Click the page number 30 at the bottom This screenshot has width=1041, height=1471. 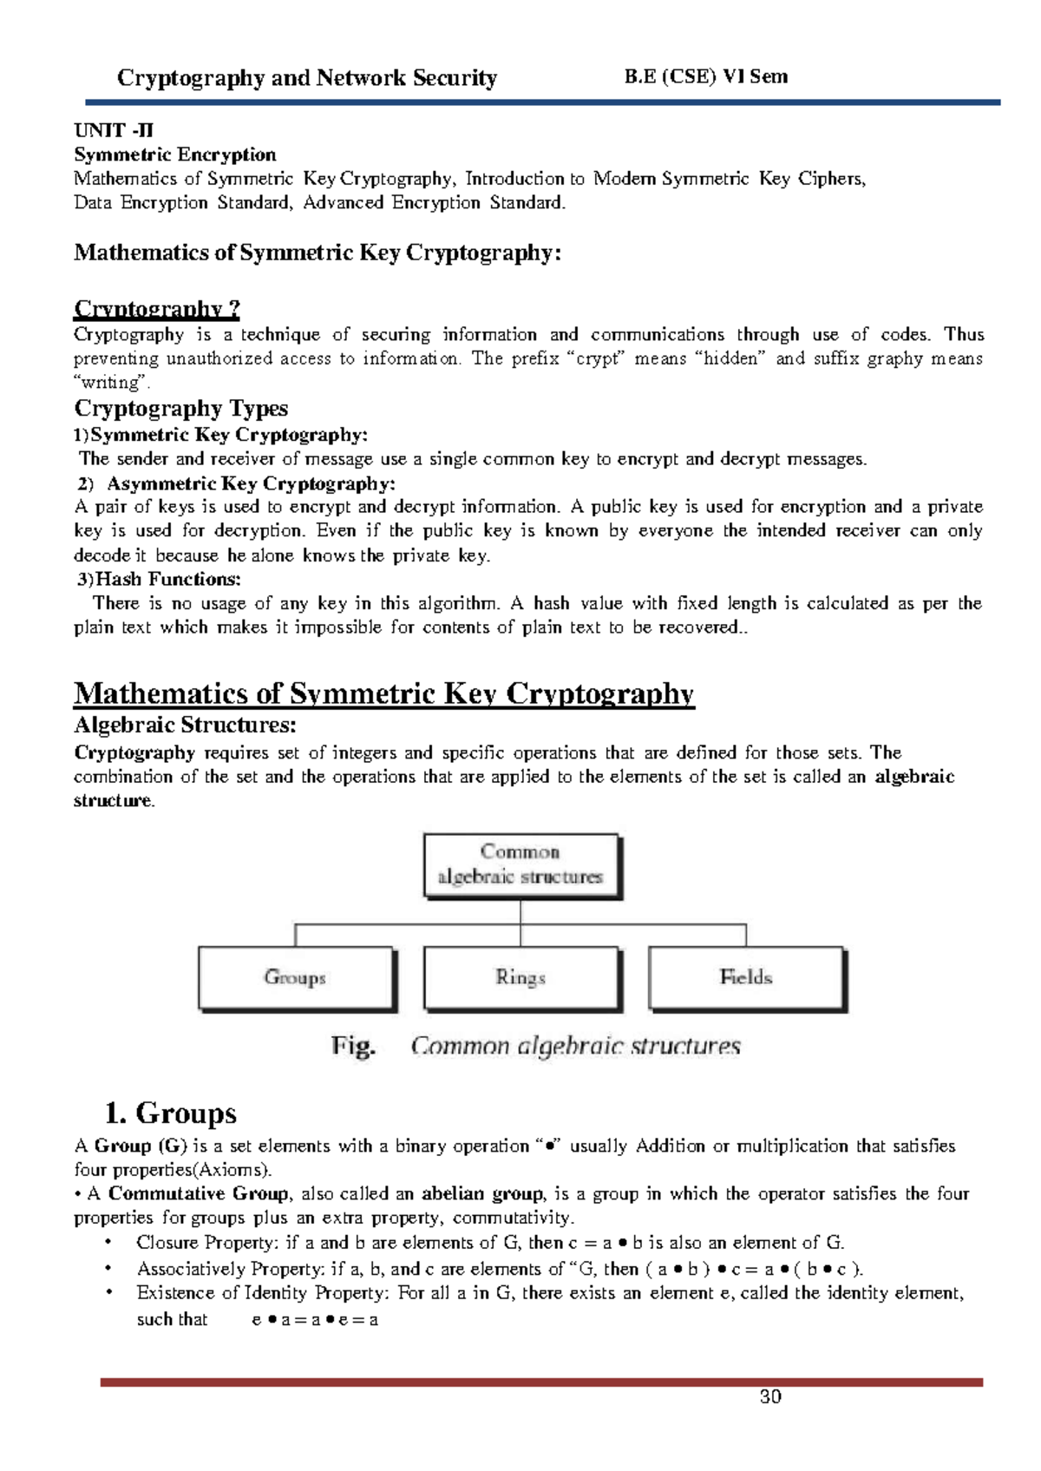tap(770, 1396)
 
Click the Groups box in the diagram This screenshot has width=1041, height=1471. tap(296, 978)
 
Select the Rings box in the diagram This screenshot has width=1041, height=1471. tap(520, 978)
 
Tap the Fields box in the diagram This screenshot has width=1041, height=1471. tap(746, 978)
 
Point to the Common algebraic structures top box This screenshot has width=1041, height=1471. tap(520, 864)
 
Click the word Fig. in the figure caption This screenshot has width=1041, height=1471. tap(353, 1047)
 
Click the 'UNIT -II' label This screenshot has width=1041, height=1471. tap(114, 131)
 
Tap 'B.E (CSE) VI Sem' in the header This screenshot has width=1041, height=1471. tap(706, 76)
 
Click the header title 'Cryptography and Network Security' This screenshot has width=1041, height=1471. tap(307, 78)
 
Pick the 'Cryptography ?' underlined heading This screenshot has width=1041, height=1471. tap(157, 309)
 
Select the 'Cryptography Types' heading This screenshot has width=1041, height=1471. tap(180, 408)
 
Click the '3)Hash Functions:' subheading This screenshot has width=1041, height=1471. tap(160, 579)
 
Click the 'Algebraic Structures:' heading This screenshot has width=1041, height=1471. tap(186, 725)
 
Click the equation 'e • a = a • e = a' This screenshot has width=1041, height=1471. tap(315, 1320)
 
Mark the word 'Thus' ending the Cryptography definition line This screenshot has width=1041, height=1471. tap(964, 335)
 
